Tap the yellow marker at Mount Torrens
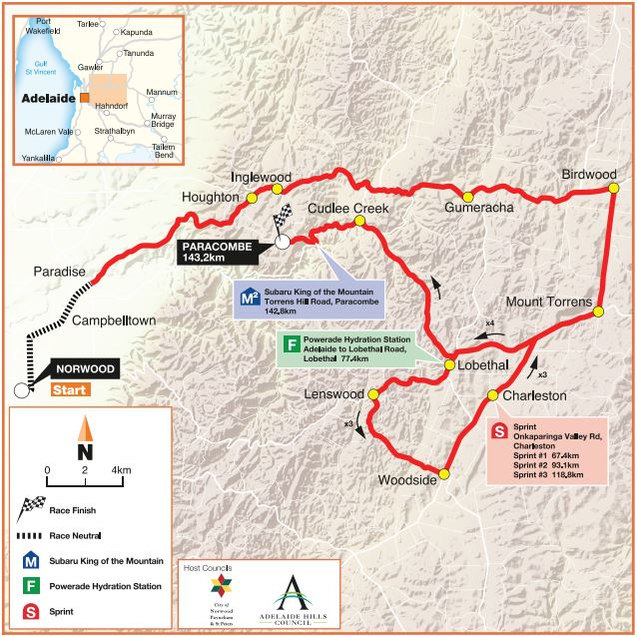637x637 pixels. [x=598, y=312]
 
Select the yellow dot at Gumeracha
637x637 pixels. [x=465, y=194]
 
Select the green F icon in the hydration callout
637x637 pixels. [x=291, y=345]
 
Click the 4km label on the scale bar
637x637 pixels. [x=122, y=468]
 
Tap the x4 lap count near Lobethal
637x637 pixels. [x=489, y=323]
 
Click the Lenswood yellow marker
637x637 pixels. [x=373, y=394]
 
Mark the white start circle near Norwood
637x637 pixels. [x=22, y=390]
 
